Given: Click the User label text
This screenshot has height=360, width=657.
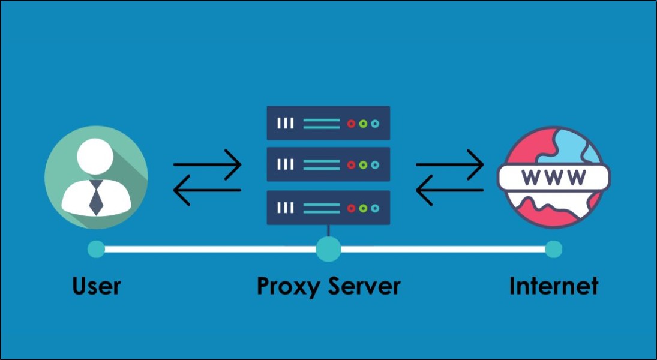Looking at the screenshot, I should [97, 286].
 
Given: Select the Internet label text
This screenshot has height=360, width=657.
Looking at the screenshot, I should [553, 286].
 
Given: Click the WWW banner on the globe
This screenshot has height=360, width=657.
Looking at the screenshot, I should [553, 178].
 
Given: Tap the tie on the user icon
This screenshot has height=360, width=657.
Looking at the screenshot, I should [96, 197].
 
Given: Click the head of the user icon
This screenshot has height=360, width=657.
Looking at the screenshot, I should [95, 157].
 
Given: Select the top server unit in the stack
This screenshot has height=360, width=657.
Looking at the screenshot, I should [328, 123].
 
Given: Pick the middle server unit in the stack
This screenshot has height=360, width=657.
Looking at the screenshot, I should [328, 164].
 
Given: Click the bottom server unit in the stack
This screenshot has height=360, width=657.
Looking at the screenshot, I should [328, 208].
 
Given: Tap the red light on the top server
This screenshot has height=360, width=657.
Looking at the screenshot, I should [352, 124].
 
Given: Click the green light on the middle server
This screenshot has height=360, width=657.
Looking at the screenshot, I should [363, 165].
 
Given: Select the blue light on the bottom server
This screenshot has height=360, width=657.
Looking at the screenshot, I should [375, 208].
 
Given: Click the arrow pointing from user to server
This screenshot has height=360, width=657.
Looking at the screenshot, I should [207, 164].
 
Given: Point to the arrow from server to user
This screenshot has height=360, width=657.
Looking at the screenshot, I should [207, 190].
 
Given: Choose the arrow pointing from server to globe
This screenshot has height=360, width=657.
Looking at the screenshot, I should [449, 164].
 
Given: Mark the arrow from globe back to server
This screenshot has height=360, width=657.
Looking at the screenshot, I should [449, 190].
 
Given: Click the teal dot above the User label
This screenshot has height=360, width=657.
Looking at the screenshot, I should [96, 249].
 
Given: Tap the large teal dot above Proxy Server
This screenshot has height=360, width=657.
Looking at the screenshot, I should [328, 249].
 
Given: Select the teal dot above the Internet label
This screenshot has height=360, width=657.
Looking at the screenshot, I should [553, 249].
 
